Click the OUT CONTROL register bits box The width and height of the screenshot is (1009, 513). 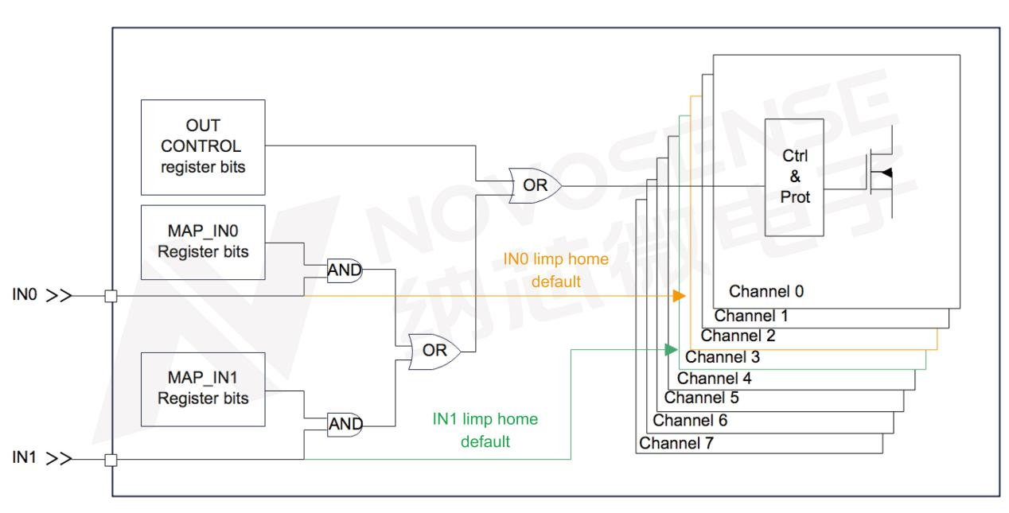click(x=202, y=147)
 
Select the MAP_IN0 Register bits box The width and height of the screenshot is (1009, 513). click(x=202, y=242)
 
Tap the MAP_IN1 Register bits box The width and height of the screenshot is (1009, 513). click(x=202, y=390)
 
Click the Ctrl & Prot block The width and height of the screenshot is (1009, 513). click(x=793, y=177)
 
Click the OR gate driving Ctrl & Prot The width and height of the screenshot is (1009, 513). click(x=532, y=185)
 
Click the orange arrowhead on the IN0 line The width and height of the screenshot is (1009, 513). click(x=679, y=296)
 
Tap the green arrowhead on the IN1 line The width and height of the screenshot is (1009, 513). click(x=672, y=348)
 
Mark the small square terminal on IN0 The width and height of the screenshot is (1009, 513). click(x=111, y=297)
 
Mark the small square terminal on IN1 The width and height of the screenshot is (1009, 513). click(x=111, y=459)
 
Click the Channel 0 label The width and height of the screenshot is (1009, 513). click(x=766, y=291)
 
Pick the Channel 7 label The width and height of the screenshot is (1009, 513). click(x=676, y=442)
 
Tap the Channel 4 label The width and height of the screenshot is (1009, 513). click(x=715, y=377)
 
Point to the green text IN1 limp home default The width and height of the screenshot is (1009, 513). click(x=479, y=430)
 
